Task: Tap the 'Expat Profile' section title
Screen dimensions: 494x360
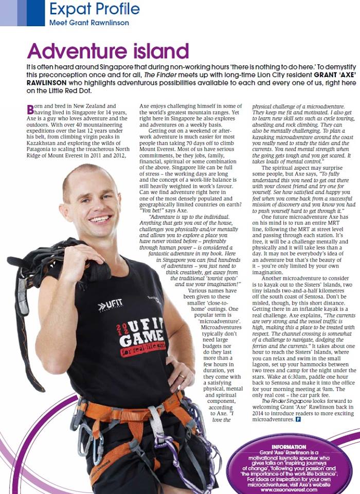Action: pos(94,9)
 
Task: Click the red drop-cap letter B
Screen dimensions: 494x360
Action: pos(30,109)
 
